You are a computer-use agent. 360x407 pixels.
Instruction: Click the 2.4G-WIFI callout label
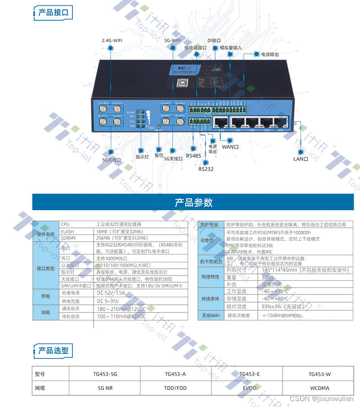[112, 40]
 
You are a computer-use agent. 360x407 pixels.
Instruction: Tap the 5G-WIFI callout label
[172, 40]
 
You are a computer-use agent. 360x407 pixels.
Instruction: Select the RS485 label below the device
[193, 155]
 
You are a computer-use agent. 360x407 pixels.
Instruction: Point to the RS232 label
[206, 169]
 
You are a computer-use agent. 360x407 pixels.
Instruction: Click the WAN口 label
[230, 146]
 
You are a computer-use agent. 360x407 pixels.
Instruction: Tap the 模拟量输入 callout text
[231, 47]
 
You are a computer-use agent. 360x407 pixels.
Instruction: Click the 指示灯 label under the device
[142, 157]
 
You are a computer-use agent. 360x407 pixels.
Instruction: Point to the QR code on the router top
[181, 82]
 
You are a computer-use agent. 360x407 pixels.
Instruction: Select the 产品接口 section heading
[53, 13]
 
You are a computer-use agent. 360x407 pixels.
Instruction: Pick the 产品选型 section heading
[53, 350]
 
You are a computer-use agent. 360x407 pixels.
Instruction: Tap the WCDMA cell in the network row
[319, 388]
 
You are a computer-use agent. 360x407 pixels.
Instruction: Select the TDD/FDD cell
[175, 388]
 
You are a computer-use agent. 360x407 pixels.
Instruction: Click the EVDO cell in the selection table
[250, 388]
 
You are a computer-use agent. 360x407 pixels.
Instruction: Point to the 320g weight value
[267, 277]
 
